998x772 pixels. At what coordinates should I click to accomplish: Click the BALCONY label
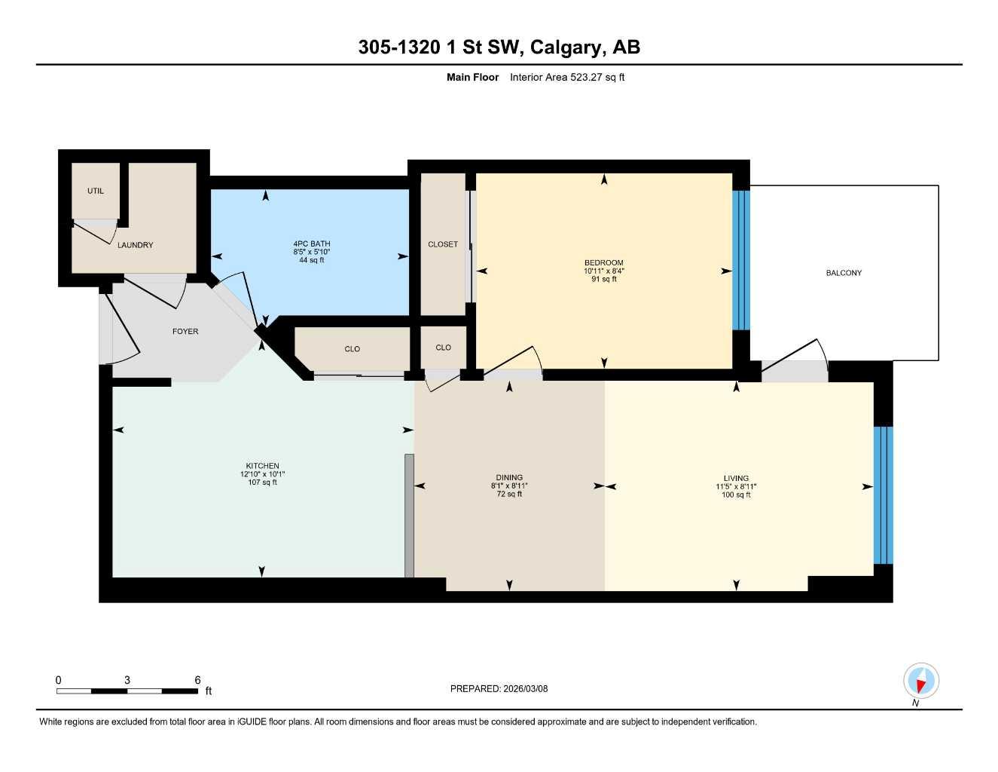coord(843,273)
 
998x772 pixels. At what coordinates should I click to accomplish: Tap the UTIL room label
coord(96,191)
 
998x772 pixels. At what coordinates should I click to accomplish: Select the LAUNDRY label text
coord(135,245)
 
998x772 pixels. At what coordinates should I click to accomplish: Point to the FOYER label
coord(185,332)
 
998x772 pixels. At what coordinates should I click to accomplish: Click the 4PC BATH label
coord(312,244)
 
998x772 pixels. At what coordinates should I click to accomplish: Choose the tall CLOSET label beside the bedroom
coord(443,244)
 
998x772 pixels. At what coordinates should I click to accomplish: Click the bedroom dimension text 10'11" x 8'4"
coord(603,271)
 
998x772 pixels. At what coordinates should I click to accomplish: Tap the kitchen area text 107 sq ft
coord(262,482)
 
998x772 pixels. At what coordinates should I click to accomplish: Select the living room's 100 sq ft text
coord(736,495)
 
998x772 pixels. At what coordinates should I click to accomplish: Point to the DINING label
coord(509,477)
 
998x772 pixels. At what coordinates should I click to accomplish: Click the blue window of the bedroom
coord(741,260)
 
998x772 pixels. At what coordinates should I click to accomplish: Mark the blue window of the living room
coord(883,495)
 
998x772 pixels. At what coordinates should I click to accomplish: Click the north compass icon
coord(920,681)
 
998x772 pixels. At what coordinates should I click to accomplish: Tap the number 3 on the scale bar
coord(127,680)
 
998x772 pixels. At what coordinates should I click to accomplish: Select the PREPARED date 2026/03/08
coord(499,688)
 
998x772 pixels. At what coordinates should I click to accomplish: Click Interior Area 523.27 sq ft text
coord(567,77)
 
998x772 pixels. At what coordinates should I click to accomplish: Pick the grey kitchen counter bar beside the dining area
coord(409,516)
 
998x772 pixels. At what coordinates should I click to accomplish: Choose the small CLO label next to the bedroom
coord(443,348)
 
